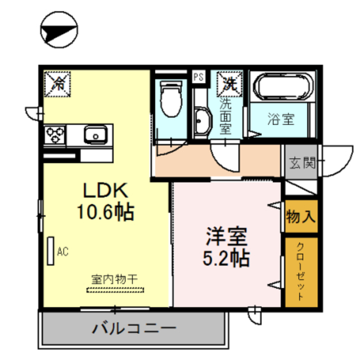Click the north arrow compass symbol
click(59, 31)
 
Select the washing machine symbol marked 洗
click(229, 84)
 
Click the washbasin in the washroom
click(201, 119)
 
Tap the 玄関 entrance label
click(301, 164)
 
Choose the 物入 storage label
click(301, 215)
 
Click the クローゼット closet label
click(300, 273)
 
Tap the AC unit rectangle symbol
click(51, 251)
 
